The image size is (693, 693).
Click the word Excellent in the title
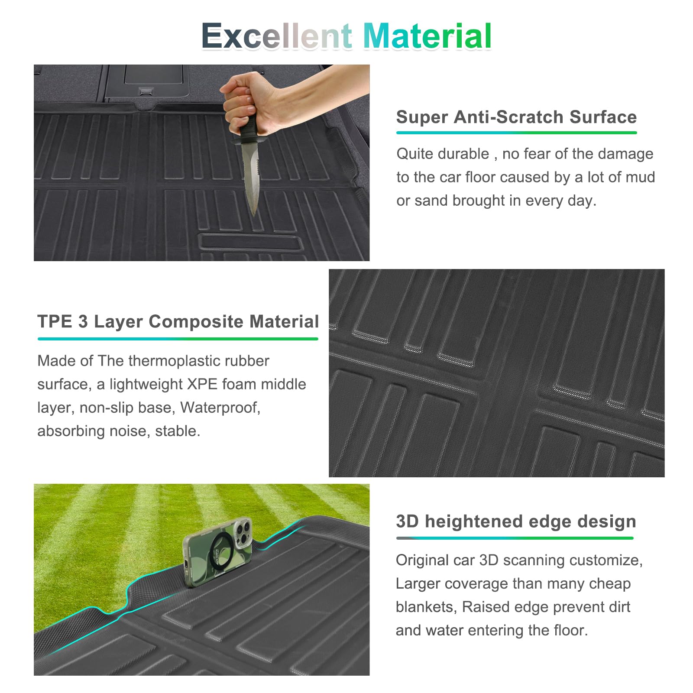(x=276, y=36)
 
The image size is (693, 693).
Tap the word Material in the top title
(x=427, y=36)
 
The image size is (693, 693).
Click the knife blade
(x=251, y=178)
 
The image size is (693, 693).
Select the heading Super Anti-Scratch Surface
(x=516, y=117)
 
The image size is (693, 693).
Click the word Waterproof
(x=220, y=408)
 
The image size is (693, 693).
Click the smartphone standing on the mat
(x=217, y=552)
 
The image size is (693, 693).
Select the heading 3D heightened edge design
(x=516, y=521)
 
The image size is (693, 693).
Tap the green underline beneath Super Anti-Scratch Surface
(x=516, y=133)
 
